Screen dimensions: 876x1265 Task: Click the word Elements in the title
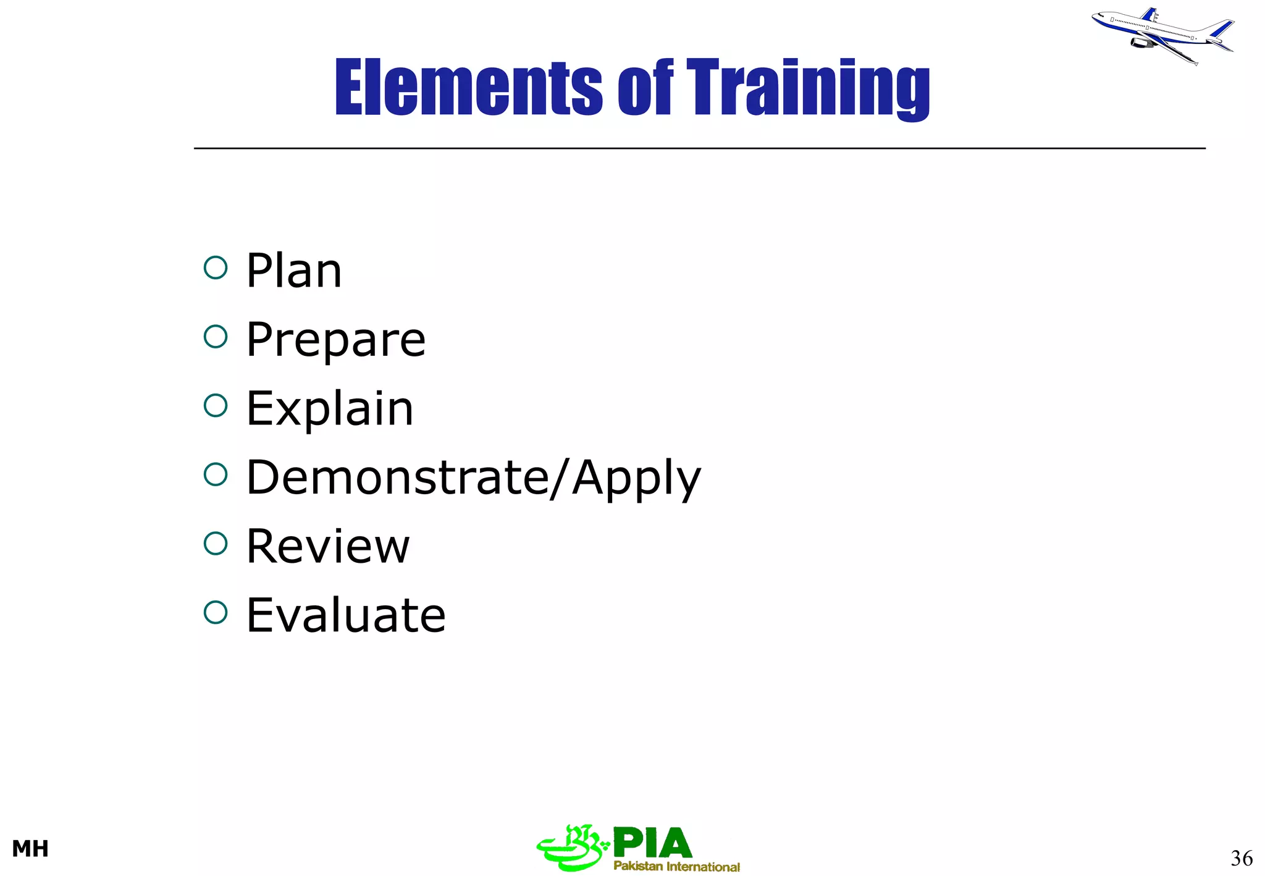(468, 87)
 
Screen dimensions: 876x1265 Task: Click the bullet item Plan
(293, 271)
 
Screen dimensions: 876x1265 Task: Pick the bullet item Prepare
(335, 340)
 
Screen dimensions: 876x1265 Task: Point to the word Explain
(329, 408)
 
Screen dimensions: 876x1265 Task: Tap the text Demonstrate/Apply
(473, 478)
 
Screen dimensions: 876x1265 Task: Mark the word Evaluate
(345, 615)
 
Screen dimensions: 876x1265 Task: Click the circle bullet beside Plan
(216, 268)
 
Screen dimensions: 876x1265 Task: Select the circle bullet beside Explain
(216, 406)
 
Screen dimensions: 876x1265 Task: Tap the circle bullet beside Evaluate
(216, 612)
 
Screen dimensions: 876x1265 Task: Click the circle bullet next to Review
(216, 544)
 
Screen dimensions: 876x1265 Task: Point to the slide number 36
(1241, 858)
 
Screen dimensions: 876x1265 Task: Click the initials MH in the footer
(30, 849)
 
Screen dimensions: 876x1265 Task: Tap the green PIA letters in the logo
(652, 843)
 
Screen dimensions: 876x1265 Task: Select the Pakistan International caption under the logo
(676, 866)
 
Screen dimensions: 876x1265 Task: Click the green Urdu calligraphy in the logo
(571, 848)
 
